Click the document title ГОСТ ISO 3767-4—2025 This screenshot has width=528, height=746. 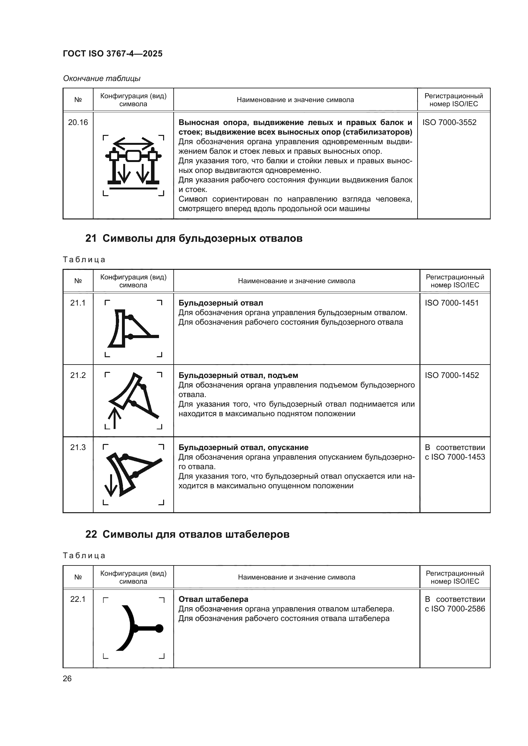click(x=112, y=54)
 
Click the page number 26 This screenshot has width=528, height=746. click(x=67, y=678)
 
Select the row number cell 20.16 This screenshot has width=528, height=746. click(x=78, y=122)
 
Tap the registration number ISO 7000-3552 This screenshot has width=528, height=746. click(x=449, y=122)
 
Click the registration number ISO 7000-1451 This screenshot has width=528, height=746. click(x=452, y=303)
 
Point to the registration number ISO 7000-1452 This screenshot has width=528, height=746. click(x=452, y=375)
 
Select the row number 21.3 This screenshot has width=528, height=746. click(x=78, y=447)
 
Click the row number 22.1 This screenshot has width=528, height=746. click(x=78, y=599)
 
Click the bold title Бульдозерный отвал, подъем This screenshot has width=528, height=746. click(x=238, y=375)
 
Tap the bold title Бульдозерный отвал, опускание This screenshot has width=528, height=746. click(x=243, y=447)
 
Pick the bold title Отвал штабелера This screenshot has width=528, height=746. click(x=213, y=599)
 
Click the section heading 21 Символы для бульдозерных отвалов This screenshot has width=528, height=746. click(x=194, y=239)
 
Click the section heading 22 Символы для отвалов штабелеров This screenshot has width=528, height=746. click(x=187, y=535)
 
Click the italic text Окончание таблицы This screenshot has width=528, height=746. click(x=102, y=78)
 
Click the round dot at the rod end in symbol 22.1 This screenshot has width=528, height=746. click(x=159, y=628)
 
